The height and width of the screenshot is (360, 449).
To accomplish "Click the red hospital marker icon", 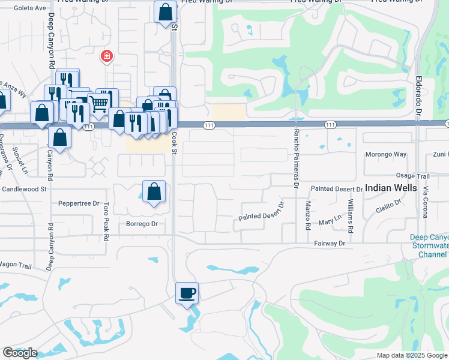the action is pyautogui.click(x=107, y=56).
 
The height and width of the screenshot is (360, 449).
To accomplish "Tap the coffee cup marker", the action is pyautogui.click(x=187, y=293).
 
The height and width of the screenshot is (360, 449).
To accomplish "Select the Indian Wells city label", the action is pyautogui.click(x=390, y=187).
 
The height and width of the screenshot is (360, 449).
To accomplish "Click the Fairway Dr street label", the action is pyautogui.click(x=330, y=244).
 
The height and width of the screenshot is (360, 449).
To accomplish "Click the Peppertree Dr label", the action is pyautogui.click(x=79, y=203).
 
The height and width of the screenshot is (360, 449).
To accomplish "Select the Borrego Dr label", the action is pyautogui.click(x=142, y=224).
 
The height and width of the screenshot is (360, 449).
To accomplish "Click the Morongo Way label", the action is pyautogui.click(x=386, y=154).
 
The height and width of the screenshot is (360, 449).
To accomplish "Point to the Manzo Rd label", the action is pyautogui.click(x=307, y=215).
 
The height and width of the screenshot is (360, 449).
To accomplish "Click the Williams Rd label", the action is pyautogui.click(x=351, y=221).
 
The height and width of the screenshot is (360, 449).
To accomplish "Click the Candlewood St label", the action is pyautogui.click(x=24, y=188).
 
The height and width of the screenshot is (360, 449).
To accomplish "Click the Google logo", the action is pyautogui.click(x=20, y=353).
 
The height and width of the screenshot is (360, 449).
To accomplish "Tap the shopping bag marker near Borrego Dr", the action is pyautogui.click(x=154, y=192).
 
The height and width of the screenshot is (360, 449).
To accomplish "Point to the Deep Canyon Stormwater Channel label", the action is pyautogui.click(x=429, y=245).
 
